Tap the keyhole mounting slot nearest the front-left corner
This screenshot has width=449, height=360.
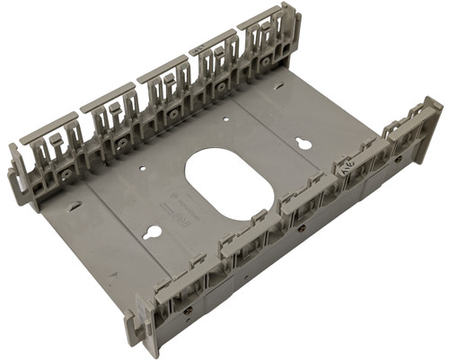point(154,233)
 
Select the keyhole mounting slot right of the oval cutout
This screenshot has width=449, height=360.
point(304,144)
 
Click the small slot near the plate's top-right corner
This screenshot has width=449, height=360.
point(280,87)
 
